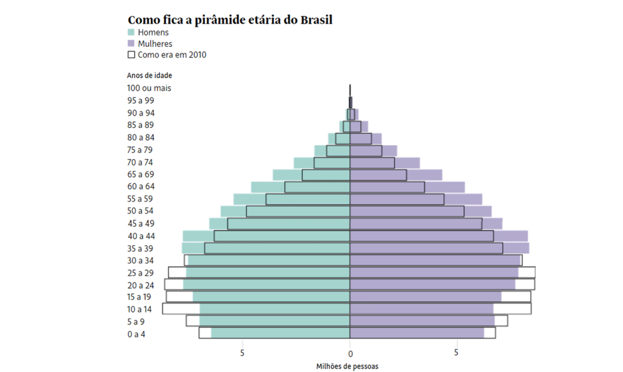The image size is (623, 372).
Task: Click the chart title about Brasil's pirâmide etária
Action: pos(230,20)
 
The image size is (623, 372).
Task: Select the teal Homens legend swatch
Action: pos(131,32)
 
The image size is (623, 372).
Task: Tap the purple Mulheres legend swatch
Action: pos(131,44)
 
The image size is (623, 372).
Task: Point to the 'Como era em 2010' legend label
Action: pos(172,55)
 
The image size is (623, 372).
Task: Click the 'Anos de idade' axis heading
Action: pos(149,76)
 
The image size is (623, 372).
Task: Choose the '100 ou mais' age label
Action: pos(149,88)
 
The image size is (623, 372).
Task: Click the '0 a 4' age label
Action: pos(137,334)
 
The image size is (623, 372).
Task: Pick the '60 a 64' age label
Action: pos(141,187)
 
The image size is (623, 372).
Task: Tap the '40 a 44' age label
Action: pos(141,236)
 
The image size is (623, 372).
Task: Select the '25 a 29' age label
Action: pos(141,273)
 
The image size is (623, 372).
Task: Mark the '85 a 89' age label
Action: pos(141,125)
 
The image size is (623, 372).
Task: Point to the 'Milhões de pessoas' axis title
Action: pos(347,366)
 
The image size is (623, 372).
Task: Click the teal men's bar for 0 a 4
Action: pos(280,333)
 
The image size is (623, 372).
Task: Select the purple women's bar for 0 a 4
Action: pos(417,333)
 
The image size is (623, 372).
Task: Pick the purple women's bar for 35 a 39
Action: pos(439,248)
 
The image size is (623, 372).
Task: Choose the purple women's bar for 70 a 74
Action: pos(385,163)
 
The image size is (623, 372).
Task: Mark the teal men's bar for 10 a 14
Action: pos(274,309)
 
